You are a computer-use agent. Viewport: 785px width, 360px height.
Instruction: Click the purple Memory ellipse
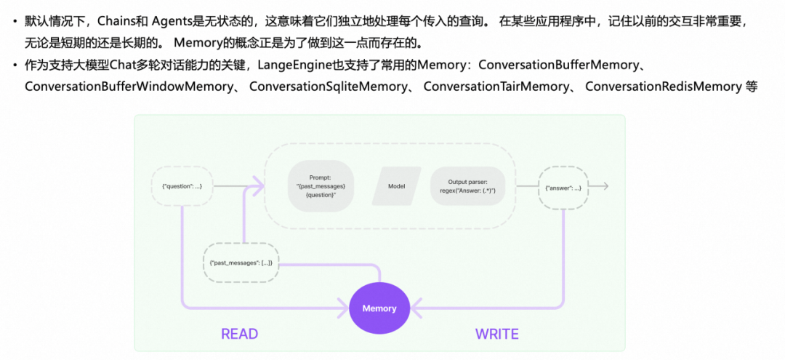point(379,308)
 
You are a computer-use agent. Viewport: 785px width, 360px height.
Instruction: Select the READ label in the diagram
point(239,334)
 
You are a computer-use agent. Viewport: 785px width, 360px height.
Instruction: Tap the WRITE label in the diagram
point(497,334)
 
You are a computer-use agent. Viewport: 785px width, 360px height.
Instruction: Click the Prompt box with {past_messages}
point(321,185)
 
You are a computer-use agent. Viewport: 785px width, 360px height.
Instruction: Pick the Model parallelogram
point(396,185)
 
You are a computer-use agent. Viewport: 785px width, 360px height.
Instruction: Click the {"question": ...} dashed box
point(182,186)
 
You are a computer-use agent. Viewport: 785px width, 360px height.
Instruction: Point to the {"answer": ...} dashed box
point(563,187)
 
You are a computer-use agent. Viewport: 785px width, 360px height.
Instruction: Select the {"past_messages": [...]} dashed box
point(241,262)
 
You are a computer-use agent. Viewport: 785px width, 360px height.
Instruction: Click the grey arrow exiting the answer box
point(599,187)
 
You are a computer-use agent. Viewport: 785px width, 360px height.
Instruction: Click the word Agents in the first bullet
point(172,21)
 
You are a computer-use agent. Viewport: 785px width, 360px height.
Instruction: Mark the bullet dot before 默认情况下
point(15,22)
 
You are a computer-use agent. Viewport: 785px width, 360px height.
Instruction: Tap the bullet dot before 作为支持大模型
point(15,66)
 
